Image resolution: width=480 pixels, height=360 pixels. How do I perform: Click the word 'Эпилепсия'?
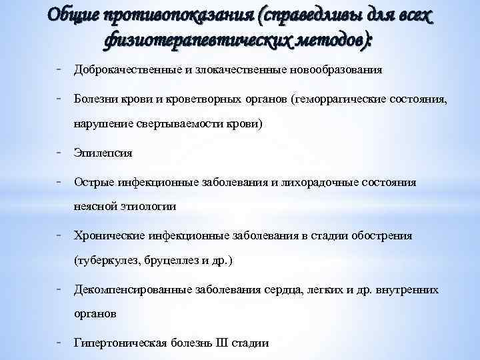tap(103, 153)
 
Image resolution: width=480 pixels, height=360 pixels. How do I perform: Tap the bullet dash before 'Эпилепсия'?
tap(60, 152)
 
